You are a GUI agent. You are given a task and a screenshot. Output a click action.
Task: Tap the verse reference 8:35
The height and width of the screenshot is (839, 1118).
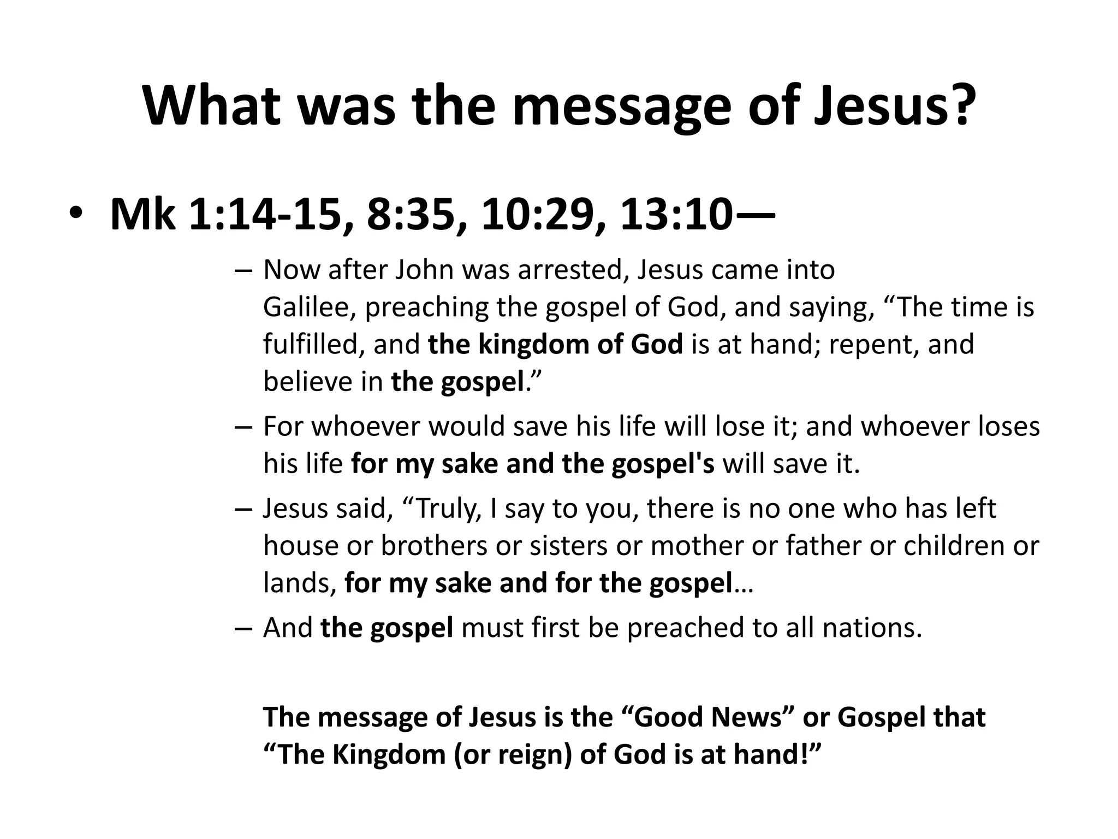(417, 215)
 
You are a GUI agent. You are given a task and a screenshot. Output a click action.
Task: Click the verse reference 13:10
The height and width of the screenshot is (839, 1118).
(676, 215)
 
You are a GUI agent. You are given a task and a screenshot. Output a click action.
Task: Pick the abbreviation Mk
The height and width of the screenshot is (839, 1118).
(142, 215)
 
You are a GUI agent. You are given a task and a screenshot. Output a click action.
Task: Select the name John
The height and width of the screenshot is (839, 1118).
(424, 270)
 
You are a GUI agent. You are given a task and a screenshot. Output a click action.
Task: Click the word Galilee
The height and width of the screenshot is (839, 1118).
(310, 308)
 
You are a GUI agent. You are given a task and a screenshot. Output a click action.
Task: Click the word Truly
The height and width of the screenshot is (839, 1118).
(449, 509)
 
